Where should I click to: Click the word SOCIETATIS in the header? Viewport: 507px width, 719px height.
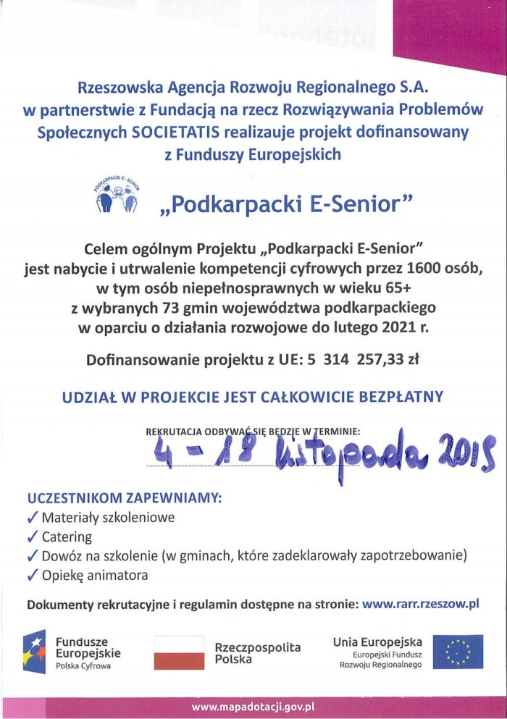(171, 133)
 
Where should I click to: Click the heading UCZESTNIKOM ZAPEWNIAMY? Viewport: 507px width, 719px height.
(124, 499)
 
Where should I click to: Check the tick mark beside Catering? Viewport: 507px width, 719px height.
(32, 537)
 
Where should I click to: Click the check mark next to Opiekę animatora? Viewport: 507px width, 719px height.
(32, 576)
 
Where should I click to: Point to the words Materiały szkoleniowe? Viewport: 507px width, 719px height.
(108, 518)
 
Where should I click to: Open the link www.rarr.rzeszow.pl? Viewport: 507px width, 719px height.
(421, 602)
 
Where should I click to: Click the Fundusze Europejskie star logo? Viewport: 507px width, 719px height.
(36, 651)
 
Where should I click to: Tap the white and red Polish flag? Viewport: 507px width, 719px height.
(179, 652)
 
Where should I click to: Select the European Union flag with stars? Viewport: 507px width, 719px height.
(458, 652)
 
